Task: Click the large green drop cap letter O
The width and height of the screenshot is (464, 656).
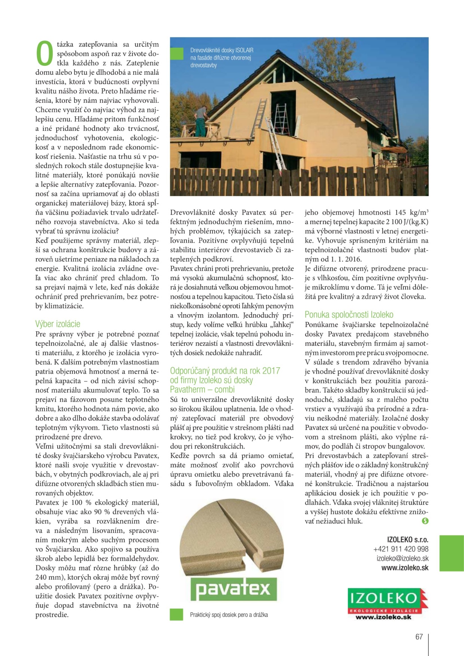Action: [x=45, y=53]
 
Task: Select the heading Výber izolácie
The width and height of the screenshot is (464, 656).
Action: [x=58, y=324]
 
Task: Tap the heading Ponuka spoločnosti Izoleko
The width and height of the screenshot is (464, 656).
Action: [x=349, y=315]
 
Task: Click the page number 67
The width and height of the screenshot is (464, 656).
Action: [x=419, y=637]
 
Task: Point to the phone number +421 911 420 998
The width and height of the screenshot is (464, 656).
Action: [x=401, y=549]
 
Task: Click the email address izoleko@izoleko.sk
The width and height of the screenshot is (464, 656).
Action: [x=402, y=558]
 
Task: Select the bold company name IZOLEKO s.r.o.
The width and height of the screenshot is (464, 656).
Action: [x=407, y=540]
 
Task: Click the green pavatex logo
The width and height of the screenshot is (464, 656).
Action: [x=233, y=589]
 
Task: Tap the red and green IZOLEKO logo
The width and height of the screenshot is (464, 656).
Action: [x=387, y=603]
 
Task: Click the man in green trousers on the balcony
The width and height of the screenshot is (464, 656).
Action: [x=201, y=120]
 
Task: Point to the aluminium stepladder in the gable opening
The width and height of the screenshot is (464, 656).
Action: [x=280, y=119]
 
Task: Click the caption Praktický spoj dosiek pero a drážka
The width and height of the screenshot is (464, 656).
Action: [x=229, y=615]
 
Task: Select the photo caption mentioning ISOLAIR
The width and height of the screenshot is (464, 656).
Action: [x=222, y=58]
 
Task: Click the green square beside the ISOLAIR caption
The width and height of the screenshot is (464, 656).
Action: [x=177, y=53]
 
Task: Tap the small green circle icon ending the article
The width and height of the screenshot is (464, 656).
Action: [x=425, y=521]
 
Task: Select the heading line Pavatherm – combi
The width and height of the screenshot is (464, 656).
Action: [x=202, y=389]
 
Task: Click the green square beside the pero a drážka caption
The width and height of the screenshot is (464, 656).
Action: [x=176, y=614]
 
